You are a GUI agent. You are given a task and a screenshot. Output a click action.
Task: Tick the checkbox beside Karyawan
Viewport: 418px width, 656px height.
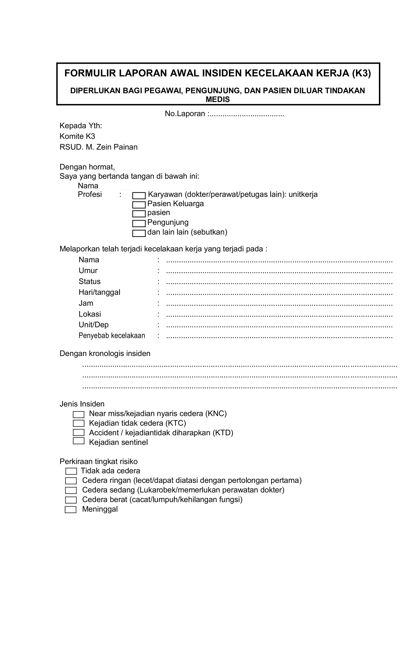point(139,196)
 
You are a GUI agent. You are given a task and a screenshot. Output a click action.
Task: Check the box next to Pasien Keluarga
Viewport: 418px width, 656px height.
point(139,205)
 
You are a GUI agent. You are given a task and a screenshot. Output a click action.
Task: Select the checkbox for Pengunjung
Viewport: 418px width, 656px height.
point(139,223)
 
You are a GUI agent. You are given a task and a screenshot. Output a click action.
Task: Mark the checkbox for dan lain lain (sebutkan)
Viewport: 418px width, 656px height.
point(139,233)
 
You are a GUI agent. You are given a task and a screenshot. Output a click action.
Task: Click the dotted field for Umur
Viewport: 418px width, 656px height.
point(279,272)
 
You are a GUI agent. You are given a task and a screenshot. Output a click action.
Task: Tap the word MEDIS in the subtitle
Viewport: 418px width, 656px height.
point(218,100)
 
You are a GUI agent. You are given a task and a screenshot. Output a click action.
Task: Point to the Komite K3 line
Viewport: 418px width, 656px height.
point(77,136)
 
